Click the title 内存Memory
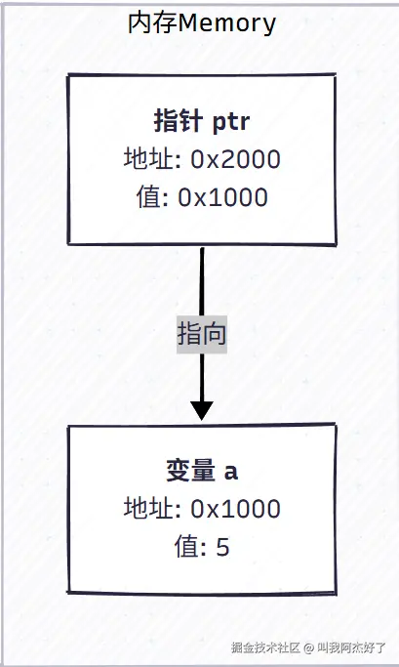click(x=202, y=22)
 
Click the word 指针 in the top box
click(x=175, y=122)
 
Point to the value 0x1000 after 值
click(x=222, y=196)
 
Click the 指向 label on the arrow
click(x=202, y=335)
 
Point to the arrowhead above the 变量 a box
click(x=202, y=409)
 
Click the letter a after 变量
click(x=231, y=473)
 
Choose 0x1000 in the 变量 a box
click(x=235, y=509)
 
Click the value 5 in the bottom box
click(x=222, y=546)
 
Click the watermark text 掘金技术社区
click(x=265, y=647)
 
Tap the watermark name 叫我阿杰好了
click(x=352, y=647)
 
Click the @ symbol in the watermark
click(x=307, y=647)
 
